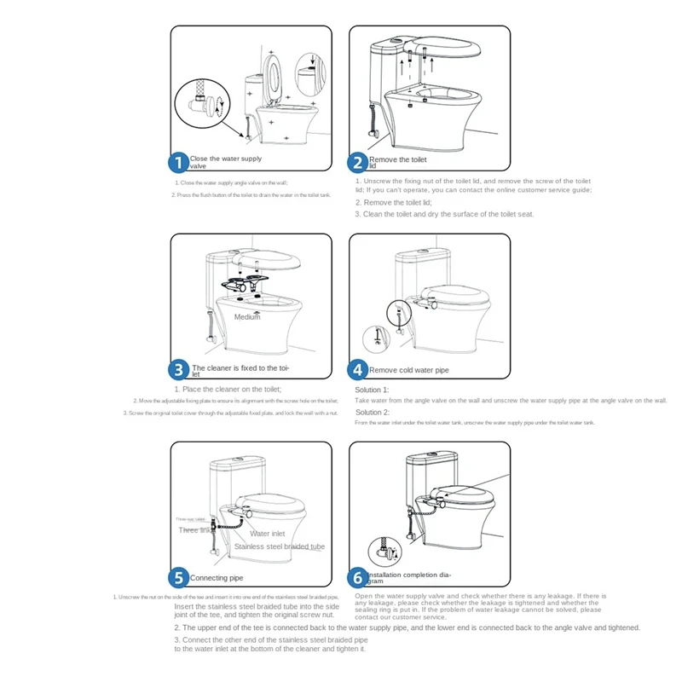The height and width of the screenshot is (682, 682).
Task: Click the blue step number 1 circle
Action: [x=179, y=162]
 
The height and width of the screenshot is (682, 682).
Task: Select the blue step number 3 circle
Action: [x=179, y=370]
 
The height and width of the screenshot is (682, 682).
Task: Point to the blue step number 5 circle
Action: [x=179, y=578]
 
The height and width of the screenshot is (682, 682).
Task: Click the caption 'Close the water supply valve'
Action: [x=225, y=162]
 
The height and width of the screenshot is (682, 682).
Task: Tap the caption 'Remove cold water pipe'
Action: [x=408, y=371]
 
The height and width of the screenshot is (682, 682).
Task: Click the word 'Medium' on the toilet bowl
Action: [x=247, y=317]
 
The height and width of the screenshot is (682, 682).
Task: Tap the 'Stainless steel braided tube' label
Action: [x=279, y=546]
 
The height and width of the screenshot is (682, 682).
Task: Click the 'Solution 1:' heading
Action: [x=372, y=390]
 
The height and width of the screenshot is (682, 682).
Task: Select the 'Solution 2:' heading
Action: [x=372, y=413]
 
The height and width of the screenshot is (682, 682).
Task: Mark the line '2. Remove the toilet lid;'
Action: [x=393, y=203]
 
